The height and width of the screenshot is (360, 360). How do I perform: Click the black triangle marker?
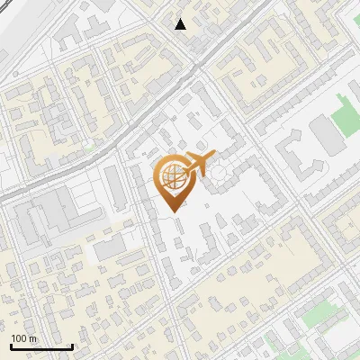pos(181,23)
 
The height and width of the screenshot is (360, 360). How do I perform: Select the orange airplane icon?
pos(199,165)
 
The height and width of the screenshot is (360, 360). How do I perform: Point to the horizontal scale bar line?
pos(40,346)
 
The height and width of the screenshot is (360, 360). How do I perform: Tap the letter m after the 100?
pos(33,338)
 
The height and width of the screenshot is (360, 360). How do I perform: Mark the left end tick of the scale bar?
pos(11,345)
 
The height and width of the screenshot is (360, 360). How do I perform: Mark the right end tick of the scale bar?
pos(71,345)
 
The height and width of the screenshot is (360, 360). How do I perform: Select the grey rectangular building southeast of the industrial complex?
pos(110,247)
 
